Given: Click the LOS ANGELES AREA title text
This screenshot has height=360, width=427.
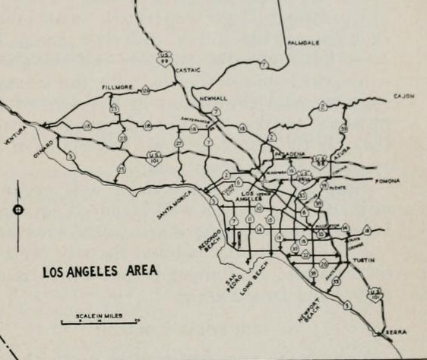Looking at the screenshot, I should click(99, 270).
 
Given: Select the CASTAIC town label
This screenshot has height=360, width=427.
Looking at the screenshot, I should click(188, 70).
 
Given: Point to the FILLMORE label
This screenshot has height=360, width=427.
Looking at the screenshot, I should click(118, 87).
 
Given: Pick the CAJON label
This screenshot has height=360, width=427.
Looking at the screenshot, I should click(403, 96).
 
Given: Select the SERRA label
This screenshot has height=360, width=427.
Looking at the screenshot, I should click(396, 333).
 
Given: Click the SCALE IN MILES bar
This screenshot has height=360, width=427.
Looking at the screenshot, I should click(100, 321).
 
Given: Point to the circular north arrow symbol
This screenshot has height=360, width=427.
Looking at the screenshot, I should click(18, 210).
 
